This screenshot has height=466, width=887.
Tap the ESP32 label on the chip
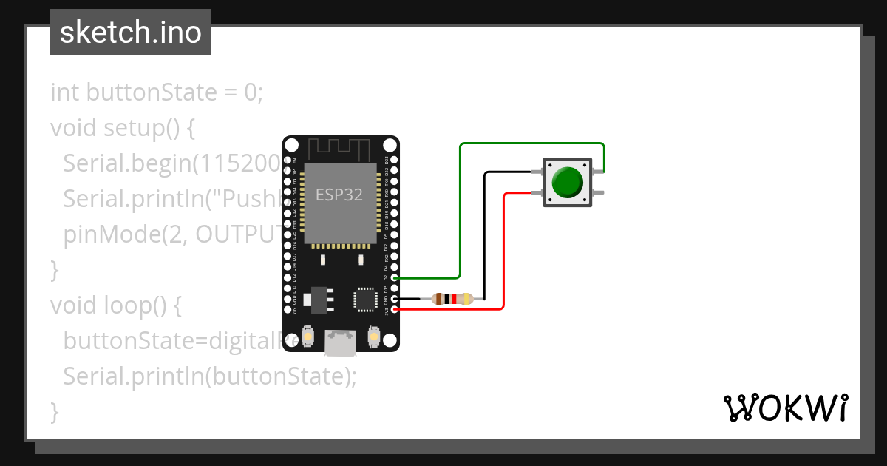point(339,195)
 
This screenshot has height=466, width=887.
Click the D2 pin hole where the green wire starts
point(395,277)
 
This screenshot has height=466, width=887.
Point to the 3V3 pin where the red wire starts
point(395,309)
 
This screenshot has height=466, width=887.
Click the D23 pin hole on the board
point(395,160)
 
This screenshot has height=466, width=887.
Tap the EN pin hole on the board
point(288,160)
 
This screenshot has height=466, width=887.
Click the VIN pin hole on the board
point(288,309)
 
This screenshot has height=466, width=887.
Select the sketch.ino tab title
point(131,33)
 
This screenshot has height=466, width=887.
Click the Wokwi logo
point(785,408)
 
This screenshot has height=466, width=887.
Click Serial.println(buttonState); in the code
point(210,376)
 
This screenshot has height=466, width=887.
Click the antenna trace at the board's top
point(341,148)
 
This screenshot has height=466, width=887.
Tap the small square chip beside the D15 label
point(365,299)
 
